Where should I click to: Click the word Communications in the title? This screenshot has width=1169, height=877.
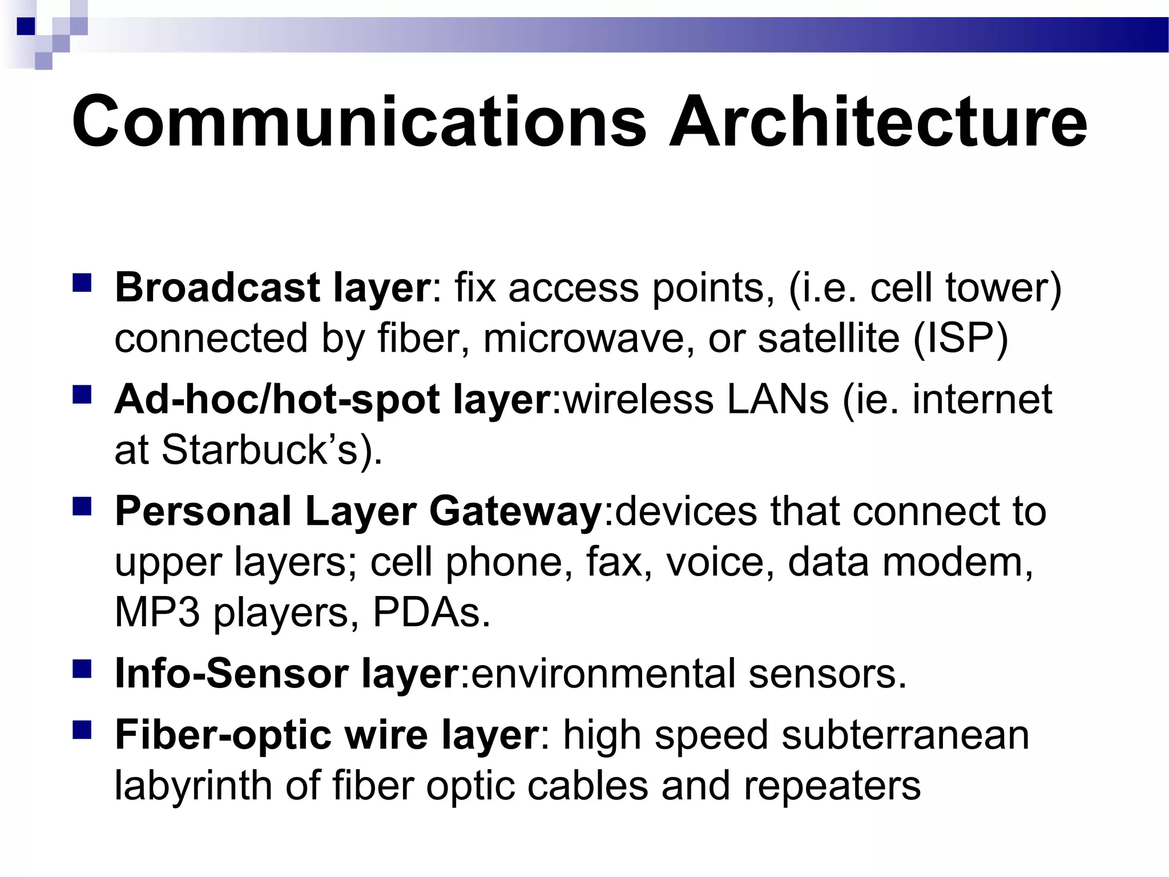358,122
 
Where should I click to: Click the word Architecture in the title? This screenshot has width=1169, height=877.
878,122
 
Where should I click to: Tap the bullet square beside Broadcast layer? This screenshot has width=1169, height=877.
82,283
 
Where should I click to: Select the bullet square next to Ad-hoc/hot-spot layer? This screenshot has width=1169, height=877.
82,395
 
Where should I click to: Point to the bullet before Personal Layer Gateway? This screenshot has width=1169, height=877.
82,506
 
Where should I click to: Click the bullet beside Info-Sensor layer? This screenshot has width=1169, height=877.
82,669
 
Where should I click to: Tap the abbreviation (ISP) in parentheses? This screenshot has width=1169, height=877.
961,338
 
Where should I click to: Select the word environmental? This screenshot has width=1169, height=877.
603,674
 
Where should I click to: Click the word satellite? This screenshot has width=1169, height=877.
828,338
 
